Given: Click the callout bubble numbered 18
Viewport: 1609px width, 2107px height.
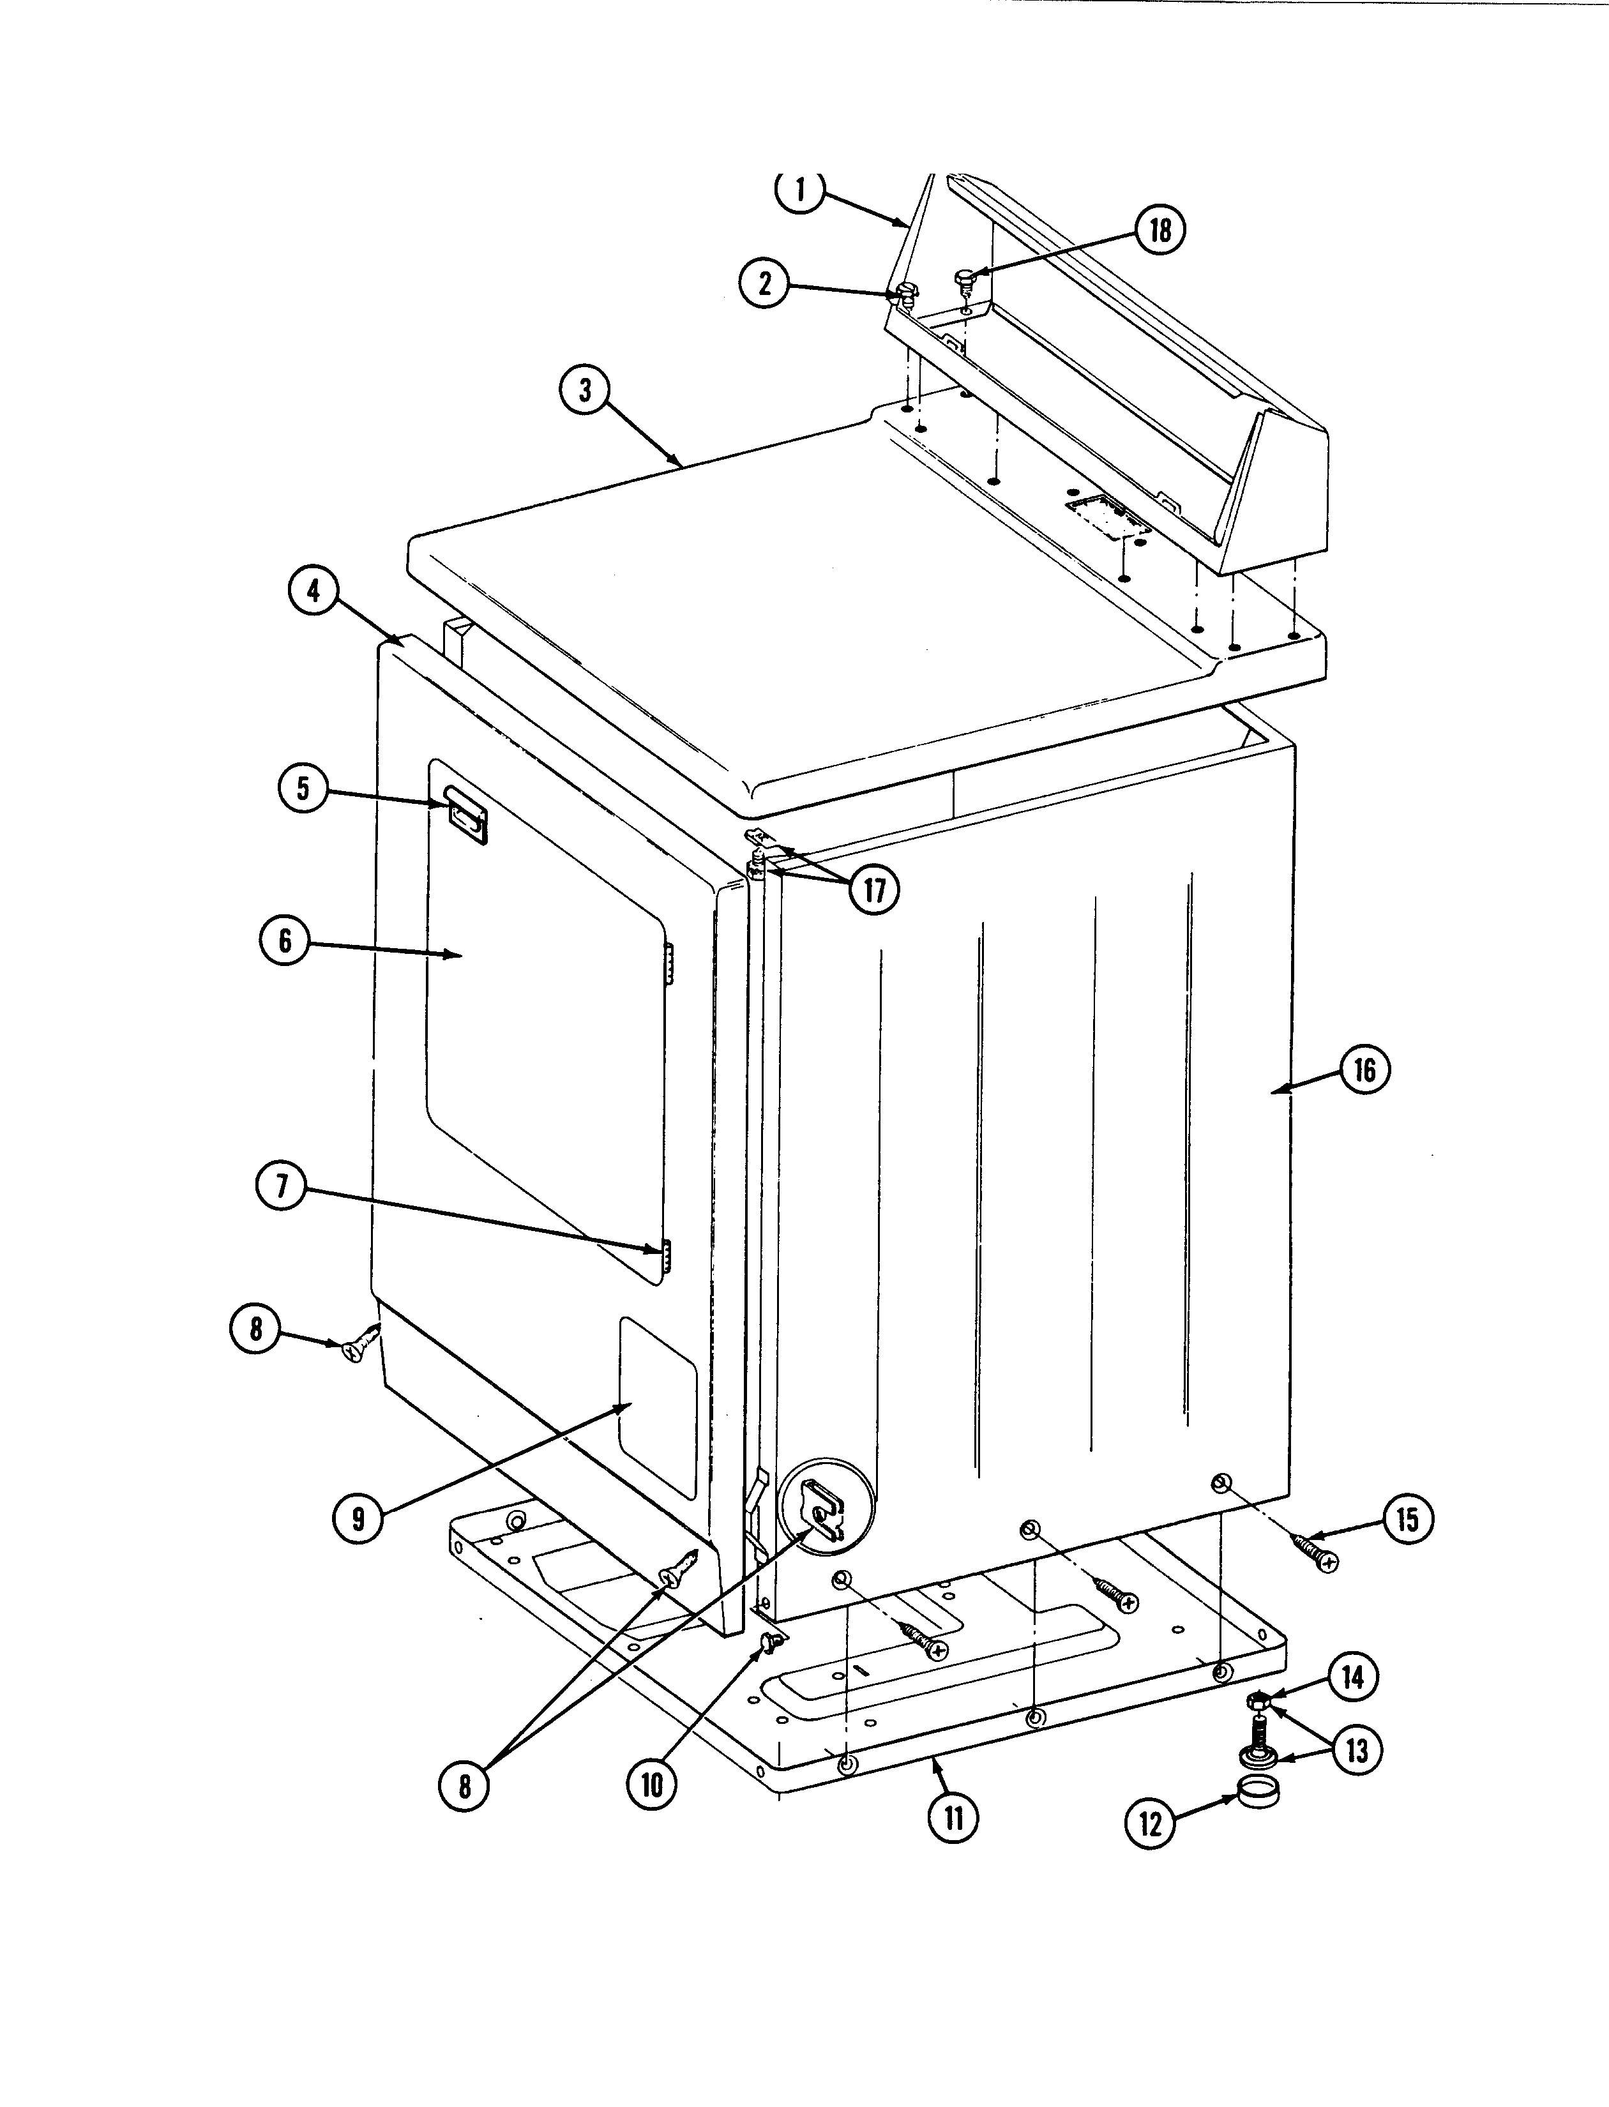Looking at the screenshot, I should [1160, 231].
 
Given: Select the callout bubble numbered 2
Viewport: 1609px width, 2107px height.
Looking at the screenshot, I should [764, 283].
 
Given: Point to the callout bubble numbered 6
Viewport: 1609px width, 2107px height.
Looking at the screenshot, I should [285, 940].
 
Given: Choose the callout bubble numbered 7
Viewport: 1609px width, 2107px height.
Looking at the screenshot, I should [282, 1186].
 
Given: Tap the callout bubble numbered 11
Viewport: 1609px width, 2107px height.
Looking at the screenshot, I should [953, 1817].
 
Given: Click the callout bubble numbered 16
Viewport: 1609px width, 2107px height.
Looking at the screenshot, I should [1364, 1069].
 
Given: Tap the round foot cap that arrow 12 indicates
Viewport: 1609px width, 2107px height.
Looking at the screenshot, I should [1255, 1789].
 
